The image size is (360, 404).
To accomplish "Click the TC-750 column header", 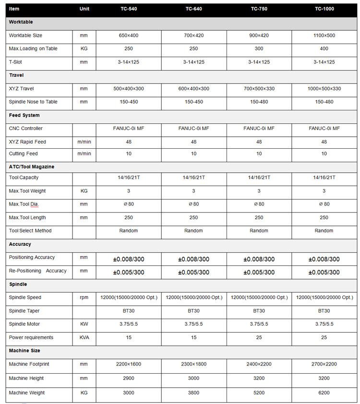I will [259, 9].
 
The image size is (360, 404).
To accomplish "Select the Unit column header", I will [84, 9].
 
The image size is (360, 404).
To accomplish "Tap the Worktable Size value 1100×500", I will [324, 36].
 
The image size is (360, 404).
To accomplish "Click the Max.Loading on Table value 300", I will [259, 48].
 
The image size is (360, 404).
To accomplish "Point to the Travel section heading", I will [16, 75].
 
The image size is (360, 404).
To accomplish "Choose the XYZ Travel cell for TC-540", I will [128, 89].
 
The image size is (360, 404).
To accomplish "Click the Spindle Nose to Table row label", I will [33, 102].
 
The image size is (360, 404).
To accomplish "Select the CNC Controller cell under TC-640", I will [193, 129].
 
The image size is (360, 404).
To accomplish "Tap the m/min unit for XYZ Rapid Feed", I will [84, 142].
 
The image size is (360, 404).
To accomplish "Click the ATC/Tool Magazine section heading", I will [32, 166].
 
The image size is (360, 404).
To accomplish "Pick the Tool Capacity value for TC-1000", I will [324, 178].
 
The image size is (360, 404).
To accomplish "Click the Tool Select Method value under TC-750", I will [259, 231].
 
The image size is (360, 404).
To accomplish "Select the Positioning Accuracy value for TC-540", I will [128, 259].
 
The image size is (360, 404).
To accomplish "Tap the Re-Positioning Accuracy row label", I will [37, 271].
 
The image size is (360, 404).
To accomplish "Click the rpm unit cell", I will [84, 297].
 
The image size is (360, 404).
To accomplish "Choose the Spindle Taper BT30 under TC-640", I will [193, 311].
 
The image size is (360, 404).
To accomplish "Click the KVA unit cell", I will [84, 338].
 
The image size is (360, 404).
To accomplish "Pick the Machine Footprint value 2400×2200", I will [259, 365].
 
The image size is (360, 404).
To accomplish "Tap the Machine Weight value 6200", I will [324, 393].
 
